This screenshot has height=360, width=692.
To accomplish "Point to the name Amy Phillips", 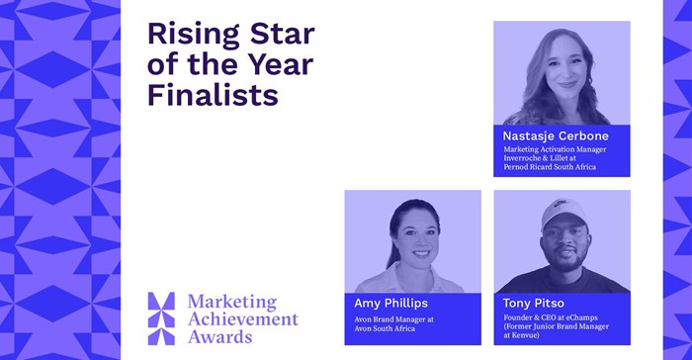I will tap(391, 302).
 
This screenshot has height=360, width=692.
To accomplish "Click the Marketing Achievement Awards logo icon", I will tap(160, 316).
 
